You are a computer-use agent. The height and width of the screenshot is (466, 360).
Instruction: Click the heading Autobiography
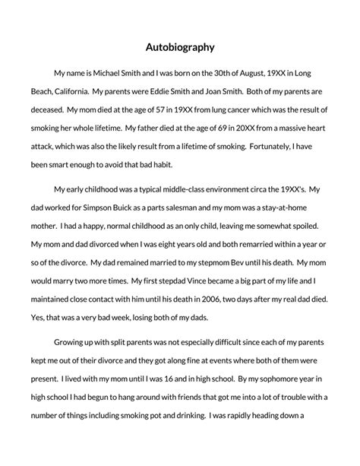(180, 46)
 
